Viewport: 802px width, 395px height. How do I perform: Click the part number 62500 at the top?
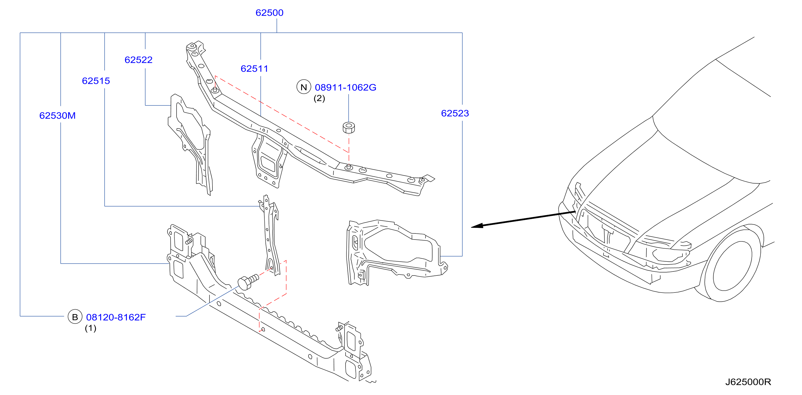tap(269, 13)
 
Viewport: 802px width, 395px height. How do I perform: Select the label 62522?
tap(138, 60)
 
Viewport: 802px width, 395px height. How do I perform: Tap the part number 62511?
tap(254, 68)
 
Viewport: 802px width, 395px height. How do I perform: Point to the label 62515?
tap(96, 81)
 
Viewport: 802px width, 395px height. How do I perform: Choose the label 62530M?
tap(57, 116)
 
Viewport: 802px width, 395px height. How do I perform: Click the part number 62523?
tap(455, 113)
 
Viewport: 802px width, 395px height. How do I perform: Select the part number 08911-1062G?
tap(345, 88)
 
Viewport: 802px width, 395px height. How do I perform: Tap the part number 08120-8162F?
tap(116, 317)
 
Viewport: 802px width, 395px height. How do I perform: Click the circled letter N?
tap(304, 87)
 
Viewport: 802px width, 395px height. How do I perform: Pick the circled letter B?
tap(75, 316)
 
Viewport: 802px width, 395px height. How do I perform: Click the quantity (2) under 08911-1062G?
tap(319, 98)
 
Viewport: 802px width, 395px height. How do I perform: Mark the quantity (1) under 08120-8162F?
tap(90, 328)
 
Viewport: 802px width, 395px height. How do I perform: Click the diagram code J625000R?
tap(748, 382)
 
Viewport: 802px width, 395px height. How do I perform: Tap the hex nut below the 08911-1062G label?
tap(349, 127)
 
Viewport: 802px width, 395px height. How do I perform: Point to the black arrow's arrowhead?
tap(477, 226)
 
